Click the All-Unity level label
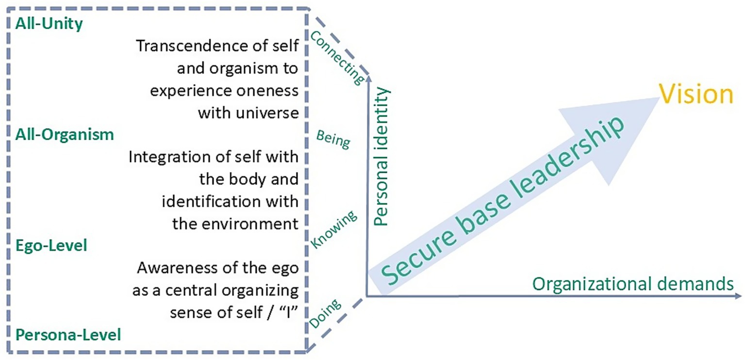pos(49,24)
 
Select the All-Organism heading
pos(65,134)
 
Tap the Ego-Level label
pos(51,245)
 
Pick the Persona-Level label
pos(68,335)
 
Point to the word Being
pos(333,140)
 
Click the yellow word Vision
pos(695,95)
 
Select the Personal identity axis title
pos(383,156)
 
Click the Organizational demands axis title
pos(632,284)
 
